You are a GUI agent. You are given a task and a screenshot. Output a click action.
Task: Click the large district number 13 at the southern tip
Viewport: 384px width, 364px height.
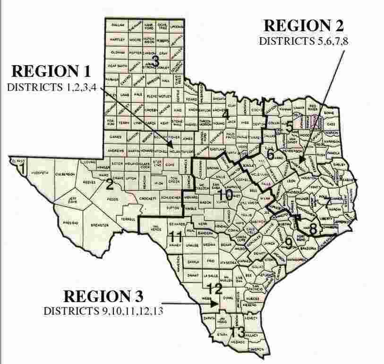click(x=238, y=331)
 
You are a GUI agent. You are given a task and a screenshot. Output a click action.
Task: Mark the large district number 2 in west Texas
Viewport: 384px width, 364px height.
click(x=109, y=184)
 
